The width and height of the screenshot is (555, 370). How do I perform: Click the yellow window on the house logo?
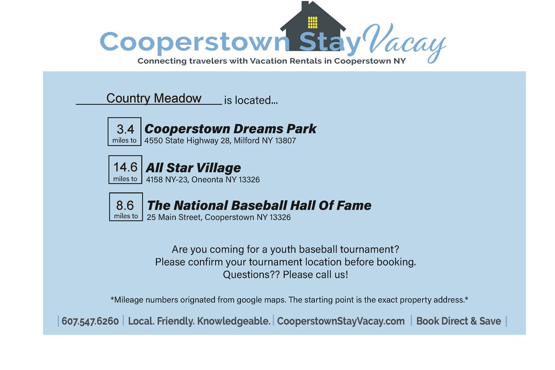(313, 23)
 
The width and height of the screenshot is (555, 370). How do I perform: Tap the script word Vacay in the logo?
(404, 43)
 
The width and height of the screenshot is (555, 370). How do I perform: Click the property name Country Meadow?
(154, 98)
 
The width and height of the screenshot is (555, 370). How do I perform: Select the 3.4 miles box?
(124, 132)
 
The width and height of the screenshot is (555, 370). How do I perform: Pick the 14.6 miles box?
(125, 170)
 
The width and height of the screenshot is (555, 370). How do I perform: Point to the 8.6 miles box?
(126, 207)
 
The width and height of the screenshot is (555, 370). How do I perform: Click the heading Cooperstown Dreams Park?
(230, 129)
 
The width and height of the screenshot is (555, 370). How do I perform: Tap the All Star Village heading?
(193, 168)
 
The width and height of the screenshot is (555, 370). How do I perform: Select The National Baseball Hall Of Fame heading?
(259, 205)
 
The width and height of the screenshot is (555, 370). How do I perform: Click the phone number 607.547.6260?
(90, 321)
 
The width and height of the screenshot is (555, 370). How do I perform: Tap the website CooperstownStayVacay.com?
(341, 321)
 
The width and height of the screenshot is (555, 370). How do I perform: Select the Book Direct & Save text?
(459, 321)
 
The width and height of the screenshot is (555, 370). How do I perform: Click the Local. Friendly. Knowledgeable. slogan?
(199, 321)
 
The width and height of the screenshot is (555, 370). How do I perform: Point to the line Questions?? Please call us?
(285, 275)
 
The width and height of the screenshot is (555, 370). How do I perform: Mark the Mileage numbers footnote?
(290, 300)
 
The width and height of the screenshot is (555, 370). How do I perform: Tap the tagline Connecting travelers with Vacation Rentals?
(271, 61)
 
